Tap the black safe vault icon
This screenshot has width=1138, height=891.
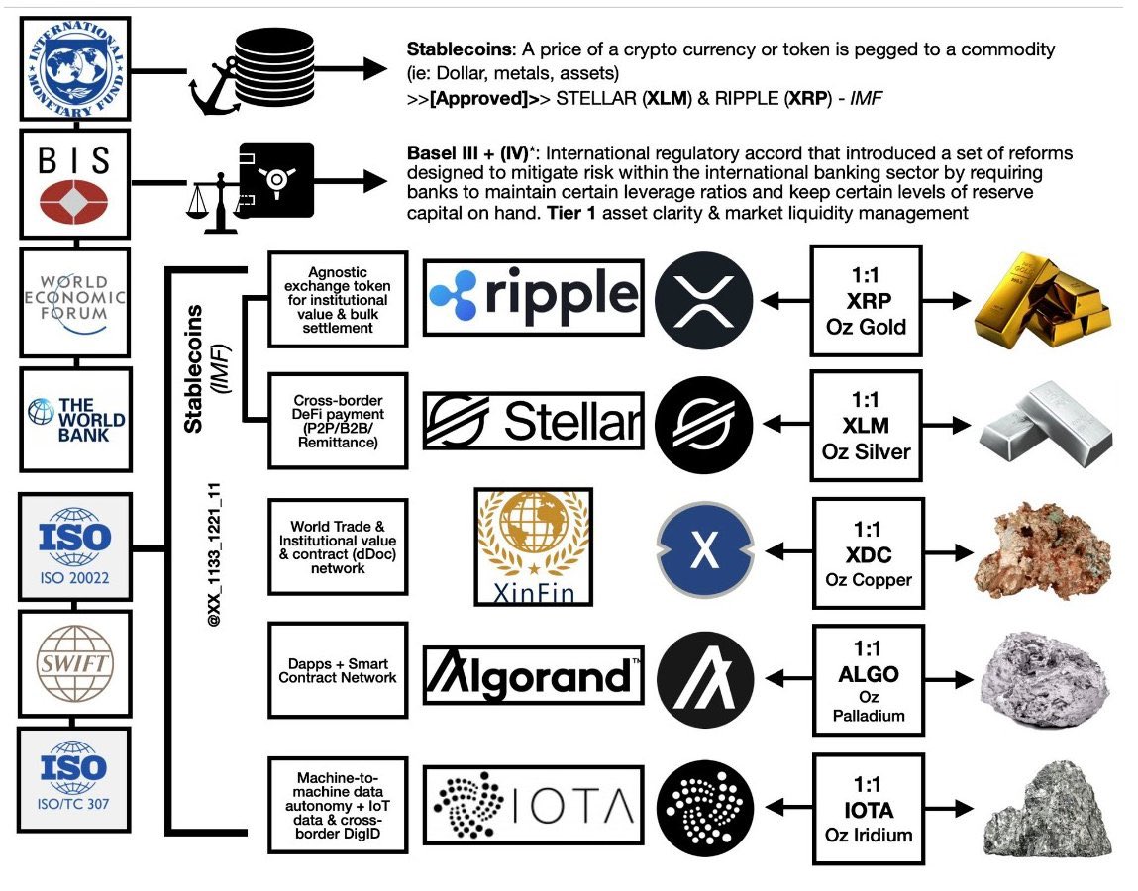276,182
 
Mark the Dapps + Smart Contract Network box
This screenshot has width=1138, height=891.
338,670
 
